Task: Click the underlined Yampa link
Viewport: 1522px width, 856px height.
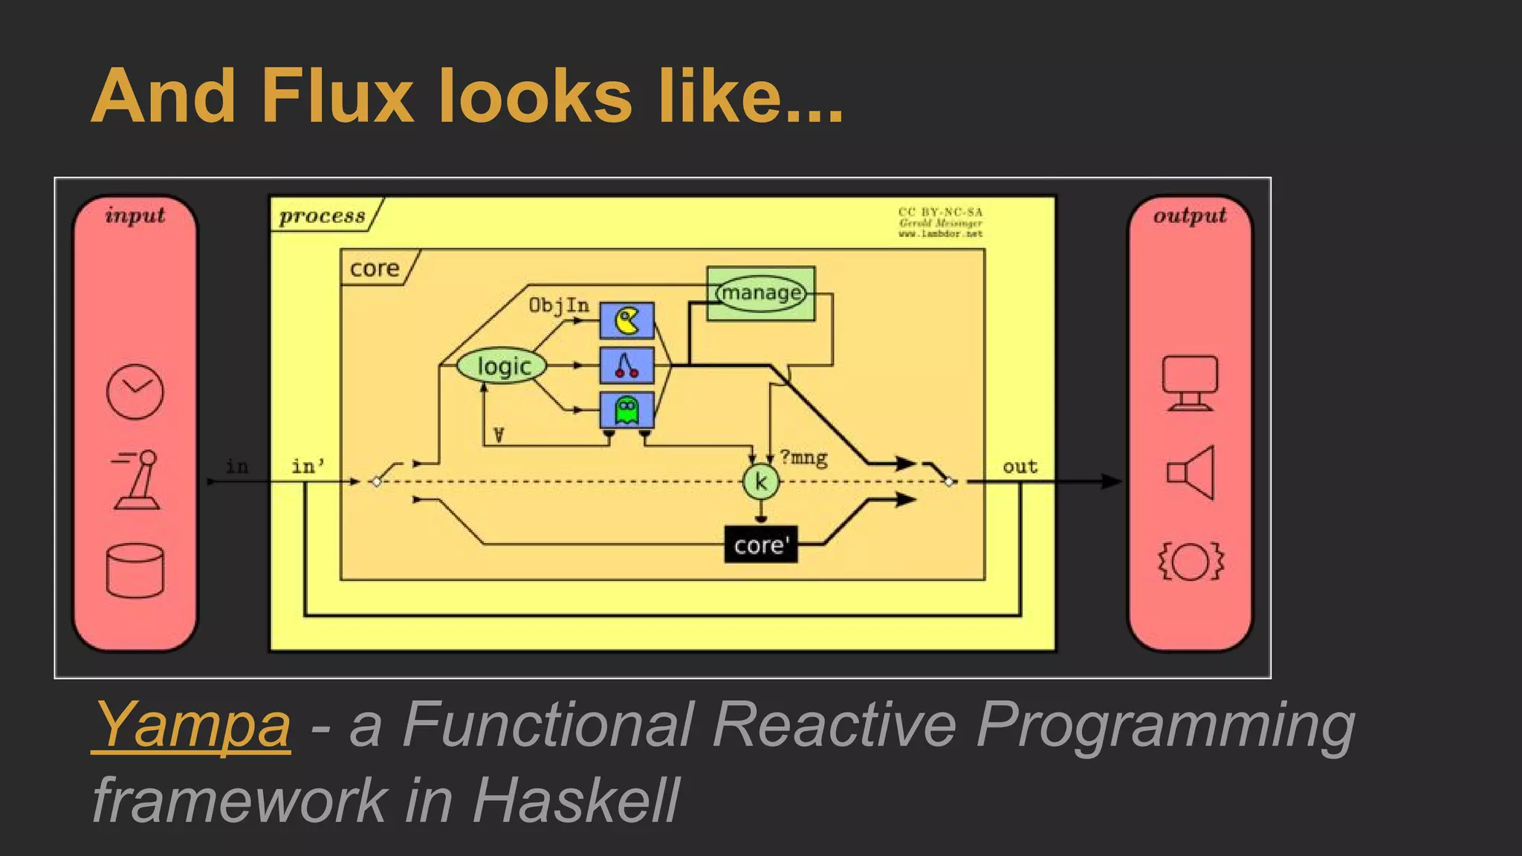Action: click(192, 724)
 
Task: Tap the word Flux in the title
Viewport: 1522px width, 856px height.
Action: click(337, 96)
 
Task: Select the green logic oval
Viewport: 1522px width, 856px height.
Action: click(502, 366)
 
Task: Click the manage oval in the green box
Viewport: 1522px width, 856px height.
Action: click(760, 293)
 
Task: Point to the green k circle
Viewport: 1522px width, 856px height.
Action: click(760, 481)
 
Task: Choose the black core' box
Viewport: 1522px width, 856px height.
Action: click(760, 545)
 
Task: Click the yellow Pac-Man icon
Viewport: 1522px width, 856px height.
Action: click(626, 321)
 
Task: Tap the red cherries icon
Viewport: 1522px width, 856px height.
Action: click(626, 365)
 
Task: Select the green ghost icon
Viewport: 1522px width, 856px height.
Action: click(626, 409)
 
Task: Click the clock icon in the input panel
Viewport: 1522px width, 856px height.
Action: click(135, 392)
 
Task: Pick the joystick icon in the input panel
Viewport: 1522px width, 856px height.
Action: click(137, 480)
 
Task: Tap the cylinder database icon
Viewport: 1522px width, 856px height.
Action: click(135, 571)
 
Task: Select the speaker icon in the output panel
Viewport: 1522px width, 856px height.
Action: click(1191, 473)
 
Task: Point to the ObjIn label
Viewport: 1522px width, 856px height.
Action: click(559, 305)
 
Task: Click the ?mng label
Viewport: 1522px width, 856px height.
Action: click(804, 458)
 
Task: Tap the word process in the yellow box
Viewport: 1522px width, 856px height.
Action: click(323, 216)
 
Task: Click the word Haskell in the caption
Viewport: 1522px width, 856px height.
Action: click(575, 800)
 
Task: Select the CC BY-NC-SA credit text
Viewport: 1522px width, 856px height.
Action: click(940, 213)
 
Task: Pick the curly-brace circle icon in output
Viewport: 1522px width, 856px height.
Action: click(1191, 561)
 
